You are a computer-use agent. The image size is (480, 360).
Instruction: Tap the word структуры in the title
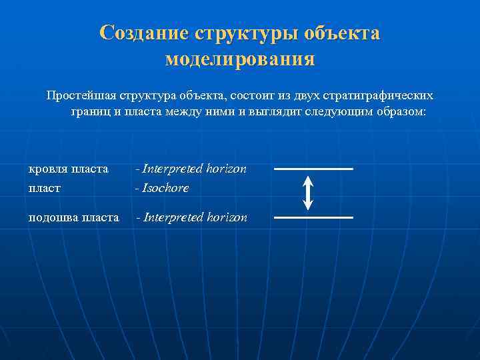245,33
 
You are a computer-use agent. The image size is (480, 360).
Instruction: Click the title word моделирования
240,59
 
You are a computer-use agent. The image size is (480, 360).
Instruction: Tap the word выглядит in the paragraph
278,111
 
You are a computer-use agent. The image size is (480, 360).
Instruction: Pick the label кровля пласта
68,169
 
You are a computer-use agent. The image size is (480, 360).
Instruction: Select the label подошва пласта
73,217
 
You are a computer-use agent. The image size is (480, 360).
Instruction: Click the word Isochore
165,188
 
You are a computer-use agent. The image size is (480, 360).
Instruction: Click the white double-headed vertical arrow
308,193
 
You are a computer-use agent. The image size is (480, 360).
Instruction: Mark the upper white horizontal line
313,169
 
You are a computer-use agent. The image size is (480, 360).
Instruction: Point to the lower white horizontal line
313,217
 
